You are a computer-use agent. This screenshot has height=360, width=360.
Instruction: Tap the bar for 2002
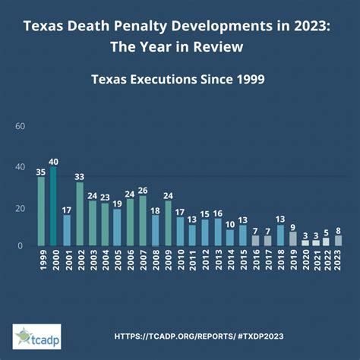point(79,214)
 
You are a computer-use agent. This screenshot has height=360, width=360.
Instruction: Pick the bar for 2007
point(142,221)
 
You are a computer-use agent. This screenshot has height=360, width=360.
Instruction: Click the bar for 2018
point(280,235)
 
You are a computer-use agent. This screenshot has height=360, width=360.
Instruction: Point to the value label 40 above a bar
point(53,161)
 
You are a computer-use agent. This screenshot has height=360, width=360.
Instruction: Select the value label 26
point(142,190)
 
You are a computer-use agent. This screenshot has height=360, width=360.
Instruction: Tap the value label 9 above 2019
point(293,226)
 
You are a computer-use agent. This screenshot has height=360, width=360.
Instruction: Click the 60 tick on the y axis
point(21,126)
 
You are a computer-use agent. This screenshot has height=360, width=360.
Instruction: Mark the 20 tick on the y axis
point(21,208)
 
